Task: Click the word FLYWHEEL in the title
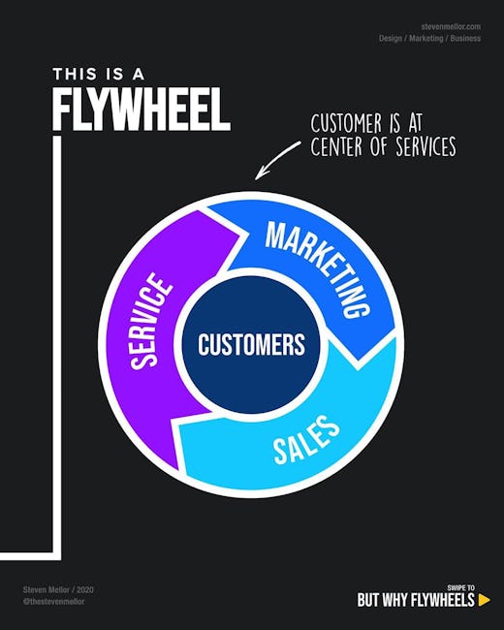(142, 109)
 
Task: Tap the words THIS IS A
(99, 74)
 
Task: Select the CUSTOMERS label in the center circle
(252, 344)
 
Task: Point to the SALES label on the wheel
(306, 440)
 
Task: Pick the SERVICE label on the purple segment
(151, 320)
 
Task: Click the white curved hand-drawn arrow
(276, 159)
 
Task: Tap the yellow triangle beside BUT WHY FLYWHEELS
(484, 600)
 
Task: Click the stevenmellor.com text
(451, 26)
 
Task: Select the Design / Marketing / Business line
(429, 38)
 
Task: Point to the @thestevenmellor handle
(54, 602)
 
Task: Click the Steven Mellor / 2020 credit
(58, 590)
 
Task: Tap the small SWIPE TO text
(460, 587)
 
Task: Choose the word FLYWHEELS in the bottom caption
(443, 600)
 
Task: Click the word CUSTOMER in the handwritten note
(346, 123)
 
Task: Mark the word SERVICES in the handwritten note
(426, 146)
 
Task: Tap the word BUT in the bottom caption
(367, 600)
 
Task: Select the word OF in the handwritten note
(379, 146)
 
